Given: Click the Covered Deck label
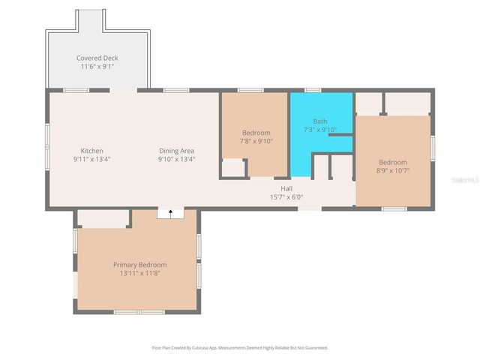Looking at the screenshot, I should pyautogui.click(x=97, y=58).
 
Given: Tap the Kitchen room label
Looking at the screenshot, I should pyautogui.click(x=91, y=151).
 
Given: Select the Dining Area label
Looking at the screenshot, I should pyautogui.click(x=176, y=151).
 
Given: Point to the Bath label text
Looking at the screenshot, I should pyautogui.click(x=320, y=121).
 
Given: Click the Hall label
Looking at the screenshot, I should pyautogui.click(x=286, y=188).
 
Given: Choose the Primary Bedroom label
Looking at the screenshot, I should pyautogui.click(x=139, y=265).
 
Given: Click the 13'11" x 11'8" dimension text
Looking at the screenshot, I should pyautogui.click(x=139, y=273).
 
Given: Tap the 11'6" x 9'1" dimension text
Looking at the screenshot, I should pyautogui.click(x=97, y=66).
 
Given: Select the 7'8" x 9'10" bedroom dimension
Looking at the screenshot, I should pyautogui.click(x=256, y=140).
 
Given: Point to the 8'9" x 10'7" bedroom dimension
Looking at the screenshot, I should pyautogui.click(x=392, y=170).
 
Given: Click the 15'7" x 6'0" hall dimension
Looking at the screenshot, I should pyautogui.click(x=286, y=196).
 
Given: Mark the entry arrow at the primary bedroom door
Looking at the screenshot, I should pyautogui.click(x=171, y=213).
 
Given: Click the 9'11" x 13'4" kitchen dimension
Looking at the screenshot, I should pyautogui.click(x=91, y=159).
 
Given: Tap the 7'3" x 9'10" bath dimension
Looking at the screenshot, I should pyautogui.click(x=320, y=129).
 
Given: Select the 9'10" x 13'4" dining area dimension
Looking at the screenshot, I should pyautogui.click(x=176, y=159).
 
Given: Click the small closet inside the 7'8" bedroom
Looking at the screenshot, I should pyautogui.click(x=233, y=168).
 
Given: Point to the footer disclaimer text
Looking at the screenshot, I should pyautogui.click(x=240, y=348).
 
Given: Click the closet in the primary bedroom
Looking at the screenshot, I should pyautogui.click(x=103, y=218).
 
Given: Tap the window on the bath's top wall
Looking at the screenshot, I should pyautogui.click(x=313, y=91).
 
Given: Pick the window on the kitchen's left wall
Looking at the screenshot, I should pyautogui.click(x=48, y=142).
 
